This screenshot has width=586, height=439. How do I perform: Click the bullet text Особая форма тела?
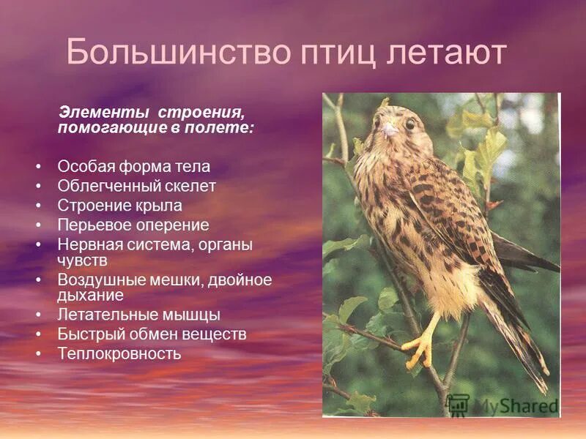(x=134, y=167)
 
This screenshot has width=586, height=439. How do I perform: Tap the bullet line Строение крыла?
(x=120, y=206)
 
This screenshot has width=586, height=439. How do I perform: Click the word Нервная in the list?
(x=86, y=244)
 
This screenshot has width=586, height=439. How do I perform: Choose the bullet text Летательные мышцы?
(x=139, y=315)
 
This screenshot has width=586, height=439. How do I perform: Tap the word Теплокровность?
(x=119, y=354)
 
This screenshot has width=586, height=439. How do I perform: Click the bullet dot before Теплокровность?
(x=38, y=354)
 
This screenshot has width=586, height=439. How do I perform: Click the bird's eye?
(x=410, y=124)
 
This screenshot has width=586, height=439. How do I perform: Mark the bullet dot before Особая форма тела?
(x=38, y=167)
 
